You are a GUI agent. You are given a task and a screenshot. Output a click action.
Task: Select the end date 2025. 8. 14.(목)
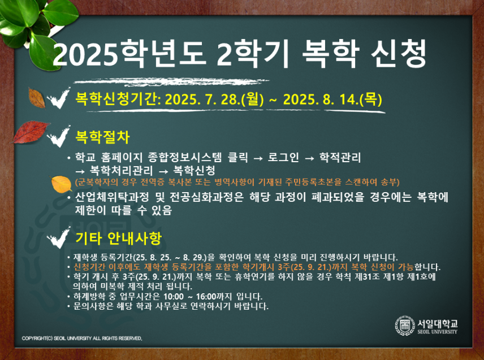click(x=332, y=99)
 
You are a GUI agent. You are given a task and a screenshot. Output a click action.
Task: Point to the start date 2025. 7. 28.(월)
click(x=214, y=99)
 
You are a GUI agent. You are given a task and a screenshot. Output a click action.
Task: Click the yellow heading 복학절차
click(x=102, y=137)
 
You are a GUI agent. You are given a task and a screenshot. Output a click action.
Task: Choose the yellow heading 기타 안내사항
click(x=119, y=238)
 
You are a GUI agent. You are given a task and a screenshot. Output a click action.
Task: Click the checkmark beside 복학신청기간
click(x=58, y=98)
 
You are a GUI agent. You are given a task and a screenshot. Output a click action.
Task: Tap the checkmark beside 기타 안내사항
click(x=58, y=237)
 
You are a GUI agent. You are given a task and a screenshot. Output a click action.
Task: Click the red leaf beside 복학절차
click(x=31, y=132)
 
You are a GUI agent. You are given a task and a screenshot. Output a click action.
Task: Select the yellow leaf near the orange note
click(x=62, y=184)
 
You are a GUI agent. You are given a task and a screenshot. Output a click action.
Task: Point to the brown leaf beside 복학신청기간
click(x=36, y=98)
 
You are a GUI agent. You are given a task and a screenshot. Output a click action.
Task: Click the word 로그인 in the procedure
click(x=283, y=157)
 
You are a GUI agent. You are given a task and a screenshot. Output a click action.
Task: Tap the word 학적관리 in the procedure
click(x=340, y=157)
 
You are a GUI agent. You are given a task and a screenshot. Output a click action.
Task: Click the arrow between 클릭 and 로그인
click(x=258, y=158)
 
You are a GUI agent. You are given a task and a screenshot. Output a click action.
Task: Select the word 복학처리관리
click(x=122, y=170)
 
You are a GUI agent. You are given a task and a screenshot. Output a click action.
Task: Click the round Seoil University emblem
click(x=405, y=326)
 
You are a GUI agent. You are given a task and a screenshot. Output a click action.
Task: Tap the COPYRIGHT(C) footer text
click(x=82, y=339)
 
